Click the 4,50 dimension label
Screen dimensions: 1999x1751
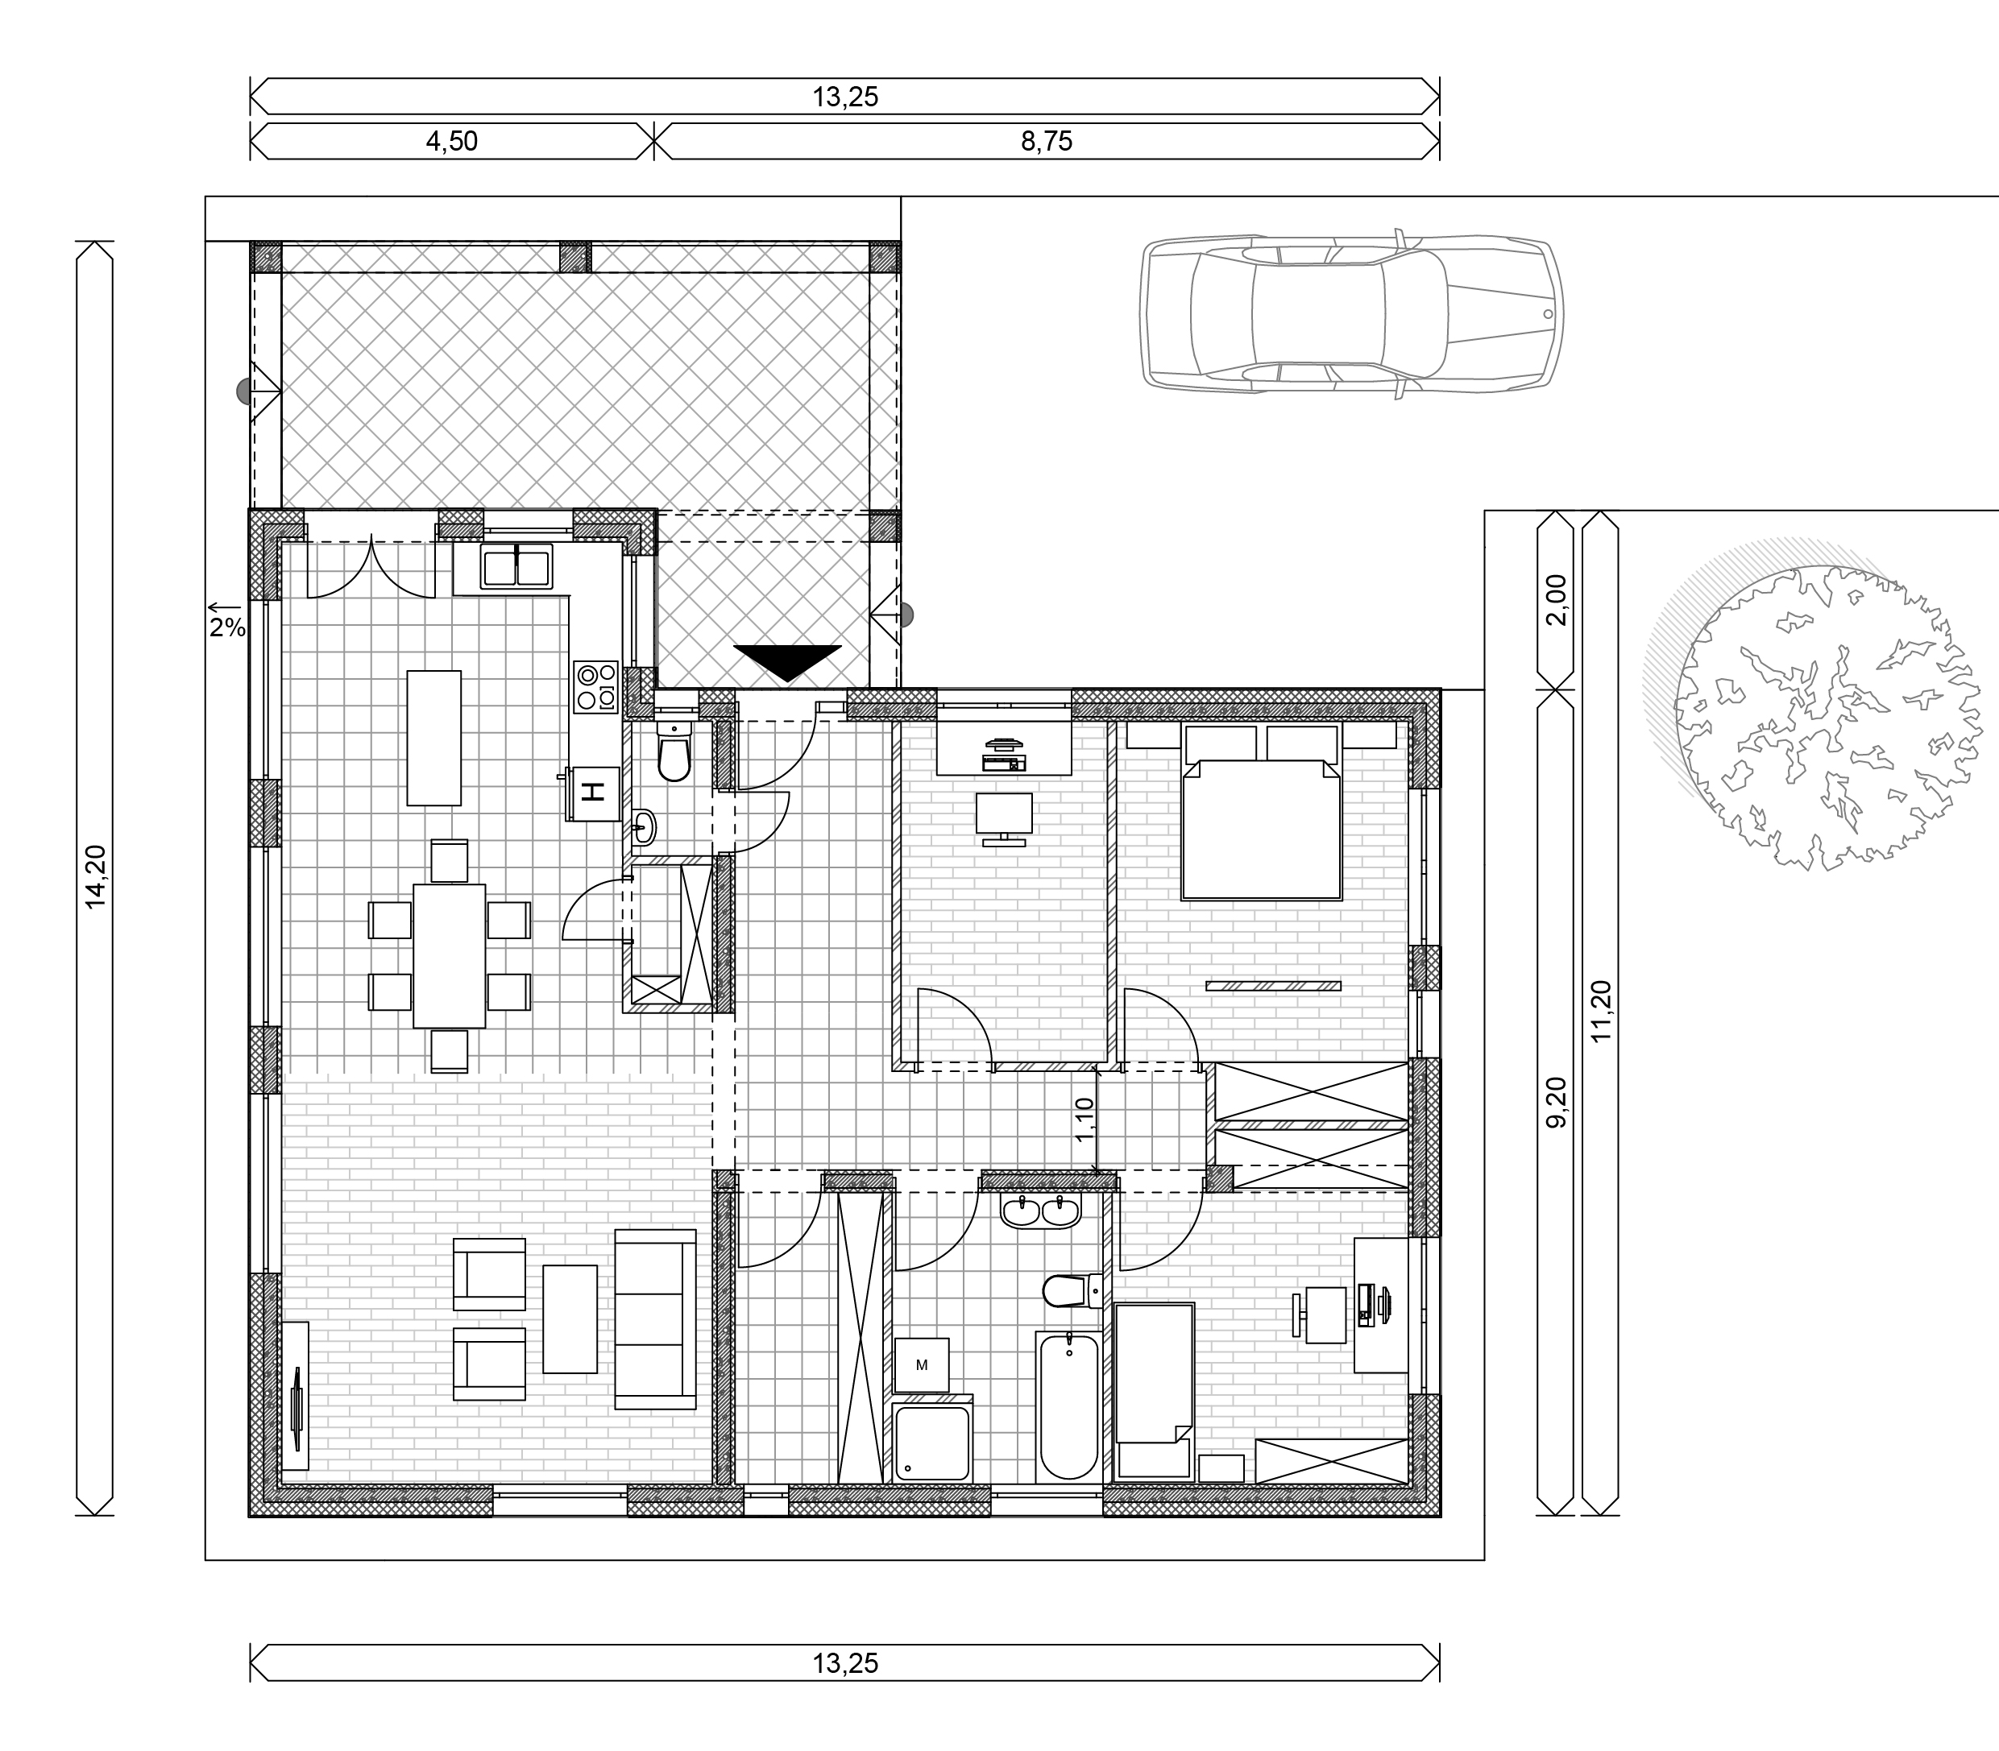click(x=451, y=142)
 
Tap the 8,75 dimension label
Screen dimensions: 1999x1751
click(x=1047, y=142)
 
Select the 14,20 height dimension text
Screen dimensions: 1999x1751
click(x=95, y=877)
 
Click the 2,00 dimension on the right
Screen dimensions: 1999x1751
click(x=1556, y=600)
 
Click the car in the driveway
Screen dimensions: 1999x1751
click(x=1354, y=313)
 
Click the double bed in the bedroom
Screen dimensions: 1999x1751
click(x=1261, y=811)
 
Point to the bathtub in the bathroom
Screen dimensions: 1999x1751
click(x=1068, y=1408)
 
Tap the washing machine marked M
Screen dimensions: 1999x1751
click(x=922, y=1365)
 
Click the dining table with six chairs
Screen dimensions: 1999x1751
click(x=450, y=955)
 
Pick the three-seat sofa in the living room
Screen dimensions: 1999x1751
click(x=655, y=1319)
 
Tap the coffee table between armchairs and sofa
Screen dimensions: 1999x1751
click(x=570, y=1319)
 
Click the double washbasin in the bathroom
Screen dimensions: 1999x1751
click(x=1040, y=1211)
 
